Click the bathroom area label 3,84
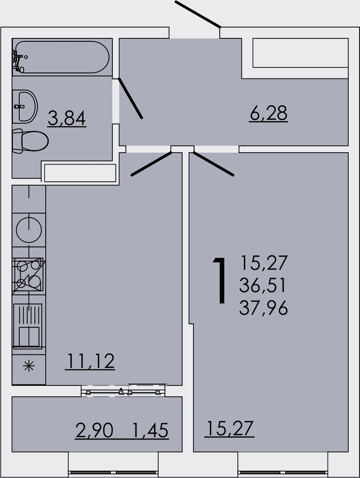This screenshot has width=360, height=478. pos(66,118)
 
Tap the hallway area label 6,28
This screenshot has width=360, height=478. pos(268,113)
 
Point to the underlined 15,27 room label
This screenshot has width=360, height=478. pos(229,428)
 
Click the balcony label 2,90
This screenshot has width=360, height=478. pos(94,430)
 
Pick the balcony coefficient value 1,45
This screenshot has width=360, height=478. pos(150,430)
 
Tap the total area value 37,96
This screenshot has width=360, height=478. pos(263,308)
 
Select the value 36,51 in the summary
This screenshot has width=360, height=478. pos(262,285)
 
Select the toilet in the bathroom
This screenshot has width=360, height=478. pos(31,141)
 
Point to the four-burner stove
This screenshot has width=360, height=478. pos(29,276)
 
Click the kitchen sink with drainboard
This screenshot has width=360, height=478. pos(28,326)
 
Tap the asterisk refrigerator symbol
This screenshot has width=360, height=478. pos(29,366)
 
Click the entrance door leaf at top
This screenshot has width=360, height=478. pos(197,14)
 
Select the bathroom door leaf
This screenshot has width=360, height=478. pos(130,98)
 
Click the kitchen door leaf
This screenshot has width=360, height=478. pos(152,164)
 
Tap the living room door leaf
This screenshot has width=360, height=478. pos(214,164)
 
